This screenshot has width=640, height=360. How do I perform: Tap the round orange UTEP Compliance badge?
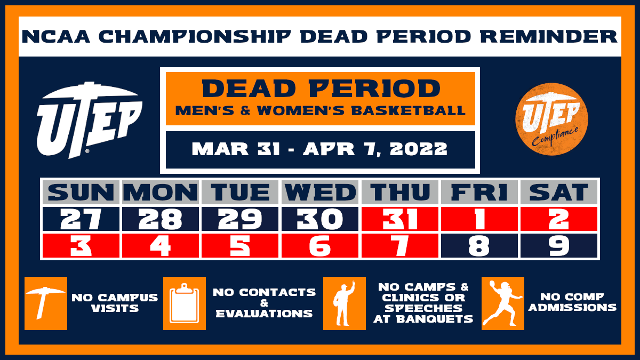(x=551, y=119)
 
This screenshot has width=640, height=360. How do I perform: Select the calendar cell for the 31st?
(x=400, y=219)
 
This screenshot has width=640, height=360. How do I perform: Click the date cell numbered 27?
(x=82, y=219)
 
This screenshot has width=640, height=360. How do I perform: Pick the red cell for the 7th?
(x=400, y=246)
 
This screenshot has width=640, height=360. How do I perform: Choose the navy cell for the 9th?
(x=559, y=246)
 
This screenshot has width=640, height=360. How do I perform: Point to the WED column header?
(x=320, y=192)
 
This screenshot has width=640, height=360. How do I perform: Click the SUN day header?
(x=82, y=192)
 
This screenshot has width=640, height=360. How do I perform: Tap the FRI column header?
(x=479, y=192)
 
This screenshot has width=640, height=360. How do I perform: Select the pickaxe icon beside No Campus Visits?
(x=46, y=303)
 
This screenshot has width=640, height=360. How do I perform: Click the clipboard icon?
(x=184, y=303)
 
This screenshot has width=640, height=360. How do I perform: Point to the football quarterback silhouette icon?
(x=502, y=303)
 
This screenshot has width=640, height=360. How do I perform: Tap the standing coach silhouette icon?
(x=345, y=303)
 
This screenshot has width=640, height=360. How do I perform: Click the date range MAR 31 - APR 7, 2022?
(x=320, y=149)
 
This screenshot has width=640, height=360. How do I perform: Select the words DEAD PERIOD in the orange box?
(x=321, y=89)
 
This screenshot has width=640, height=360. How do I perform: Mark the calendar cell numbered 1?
(x=479, y=219)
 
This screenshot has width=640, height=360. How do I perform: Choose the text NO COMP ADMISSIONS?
(x=578, y=302)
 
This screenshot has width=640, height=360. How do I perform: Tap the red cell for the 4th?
(x=161, y=246)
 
